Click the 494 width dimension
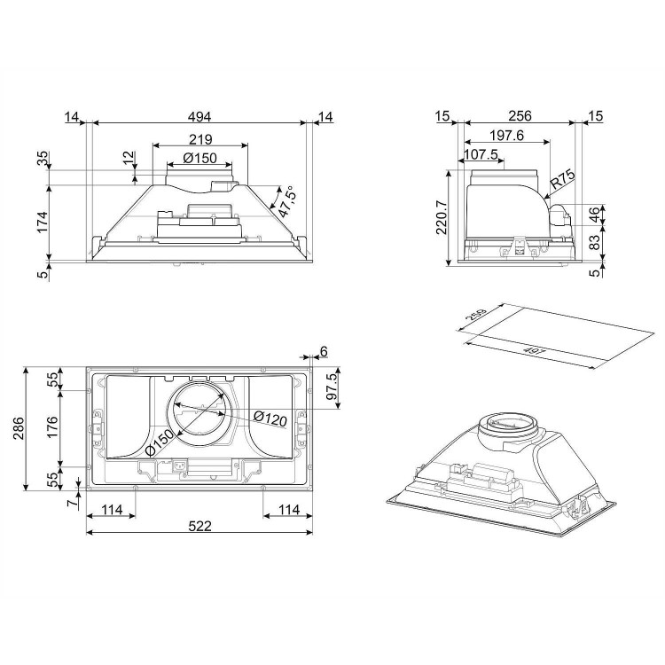(199, 116)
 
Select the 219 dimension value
(199, 139)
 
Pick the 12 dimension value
(128, 157)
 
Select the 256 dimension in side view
(520, 116)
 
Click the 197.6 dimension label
(507, 136)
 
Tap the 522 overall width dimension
(199, 526)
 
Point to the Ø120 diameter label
(268, 418)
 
